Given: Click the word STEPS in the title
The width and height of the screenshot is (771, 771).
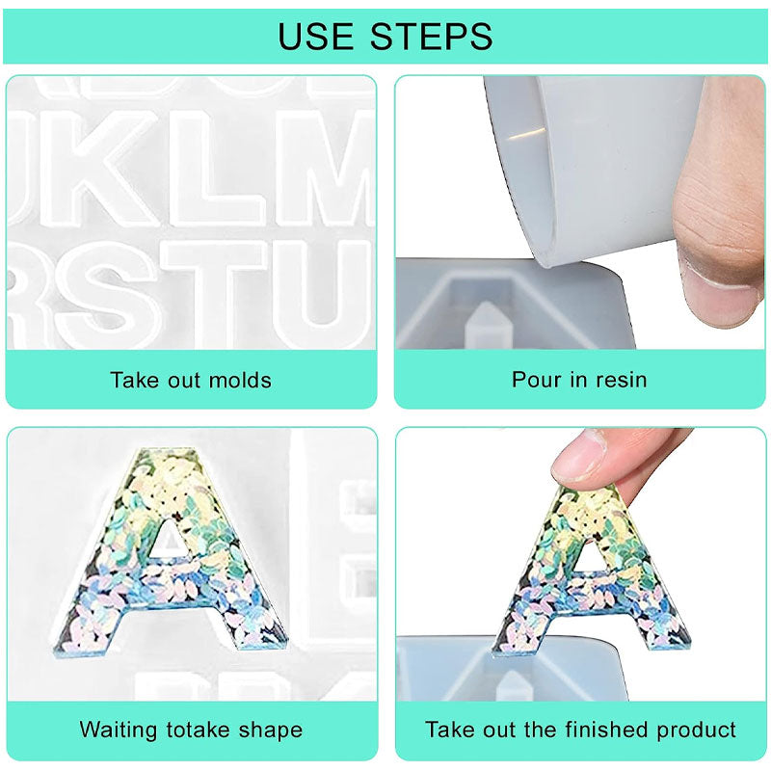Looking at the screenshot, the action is pyautogui.click(x=431, y=36).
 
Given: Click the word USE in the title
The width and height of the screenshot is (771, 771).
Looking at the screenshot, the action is pyautogui.click(x=315, y=36).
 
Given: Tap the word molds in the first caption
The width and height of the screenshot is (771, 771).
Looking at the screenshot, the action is pyautogui.click(x=240, y=380).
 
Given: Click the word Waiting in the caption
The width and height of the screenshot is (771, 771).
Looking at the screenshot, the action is pyautogui.click(x=118, y=731).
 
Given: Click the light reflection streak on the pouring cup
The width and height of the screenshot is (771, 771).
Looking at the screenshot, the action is pyautogui.click(x=527, y=134).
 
